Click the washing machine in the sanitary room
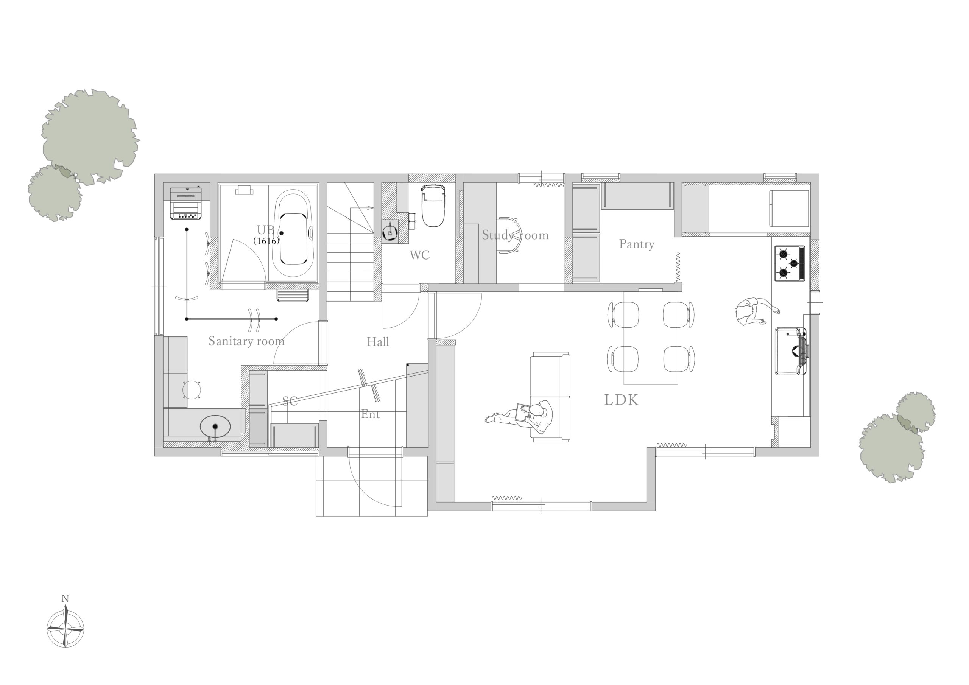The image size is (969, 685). pyautogui.click(x=185, y=204)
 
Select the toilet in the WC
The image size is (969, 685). pyautogui.click(x=433, y=205)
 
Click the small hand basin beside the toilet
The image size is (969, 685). pyautogui.click(x=389, y=231)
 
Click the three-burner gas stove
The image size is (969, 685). pyautogui.click(x=789, y=263)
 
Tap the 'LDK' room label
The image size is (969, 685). pyautogui.click(x=621, y=400)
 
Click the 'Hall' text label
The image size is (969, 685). pyautogui.click(x=378, y=341)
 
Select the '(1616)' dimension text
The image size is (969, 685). pyautogui.click(x=266, y=241)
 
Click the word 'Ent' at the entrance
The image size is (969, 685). pyautogui.click(x=370, y=414)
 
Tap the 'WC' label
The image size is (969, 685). pyautogui.click(x=419, y=255)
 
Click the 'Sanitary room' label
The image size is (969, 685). pyautogui.click(x=246, y=341)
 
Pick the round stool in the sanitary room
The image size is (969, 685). pyautogui.click(x=192, y=389)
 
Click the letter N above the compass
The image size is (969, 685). pyautogui.click(x=65, y=598)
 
